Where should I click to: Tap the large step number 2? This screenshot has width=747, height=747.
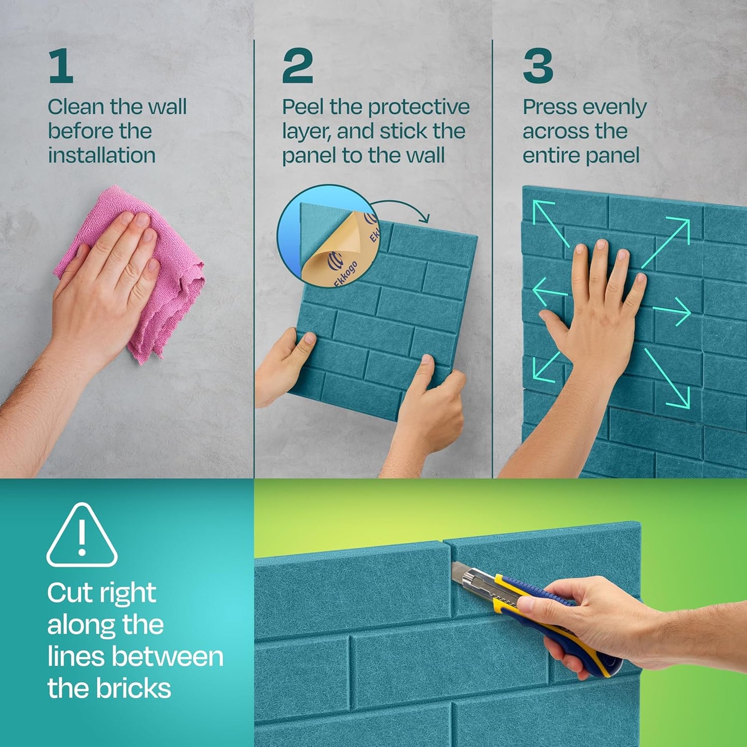297,66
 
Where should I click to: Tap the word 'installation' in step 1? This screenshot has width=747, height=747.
102,155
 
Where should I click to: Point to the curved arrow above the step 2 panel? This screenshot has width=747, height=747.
403,209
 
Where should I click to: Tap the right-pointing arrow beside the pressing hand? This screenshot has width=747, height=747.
672,311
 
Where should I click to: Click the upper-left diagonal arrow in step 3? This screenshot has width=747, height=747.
551,222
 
